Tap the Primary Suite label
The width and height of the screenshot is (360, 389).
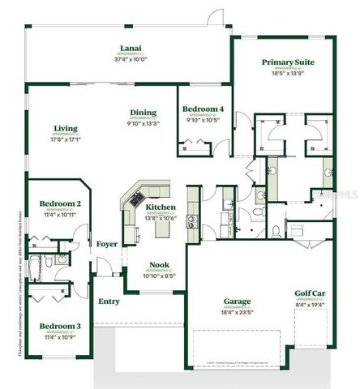tap(287, 62)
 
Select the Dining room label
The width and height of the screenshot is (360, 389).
tap(143, 113)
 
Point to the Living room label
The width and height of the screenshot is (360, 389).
tap(66, 128)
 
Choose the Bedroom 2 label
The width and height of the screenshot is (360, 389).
tap(59, 203)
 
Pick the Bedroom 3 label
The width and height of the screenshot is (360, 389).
tap(59, 326)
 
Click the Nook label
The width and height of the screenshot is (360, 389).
tap(159, 265)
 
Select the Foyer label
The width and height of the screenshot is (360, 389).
tap(107, 244)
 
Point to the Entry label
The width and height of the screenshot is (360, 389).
tap(109, 302)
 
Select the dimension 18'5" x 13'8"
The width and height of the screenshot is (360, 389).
tap(287, 73)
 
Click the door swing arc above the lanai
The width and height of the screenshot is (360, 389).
tap(216, 17)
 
